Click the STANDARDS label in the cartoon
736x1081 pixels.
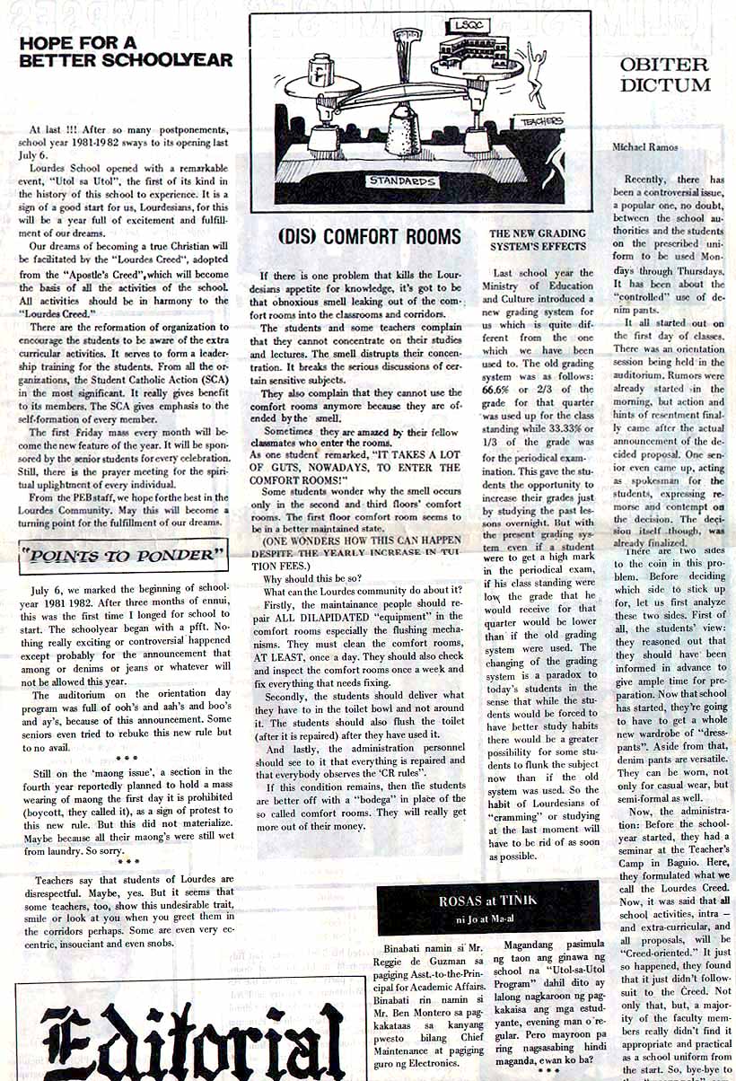click(x=403, y=180)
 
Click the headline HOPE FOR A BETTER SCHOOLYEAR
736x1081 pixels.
click(x=126, y=51)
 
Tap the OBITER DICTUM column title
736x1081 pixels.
click(x=665, y=75)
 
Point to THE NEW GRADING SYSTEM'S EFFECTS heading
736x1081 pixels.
click(x=537, y=240)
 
